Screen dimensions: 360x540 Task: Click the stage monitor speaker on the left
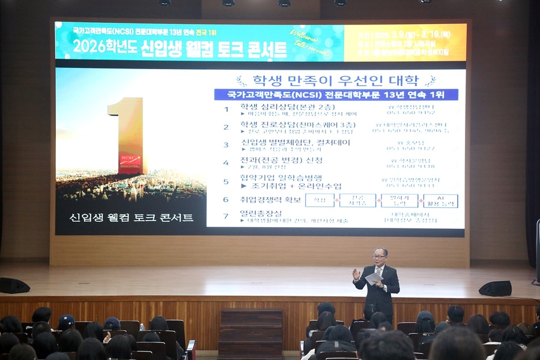click(14, 285)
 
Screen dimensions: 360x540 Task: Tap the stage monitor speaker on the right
click(496, 288)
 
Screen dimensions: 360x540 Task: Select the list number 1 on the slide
click(226, 109)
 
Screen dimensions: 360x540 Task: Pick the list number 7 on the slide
click(226, 216)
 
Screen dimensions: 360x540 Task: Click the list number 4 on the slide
click(226, 162)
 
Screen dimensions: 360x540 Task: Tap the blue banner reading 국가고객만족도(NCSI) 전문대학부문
click(336, 94)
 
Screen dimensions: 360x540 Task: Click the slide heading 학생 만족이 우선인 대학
click(336, 81)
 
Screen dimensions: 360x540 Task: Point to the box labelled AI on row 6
click(440, 200)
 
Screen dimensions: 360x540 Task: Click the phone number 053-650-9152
click(411, 112)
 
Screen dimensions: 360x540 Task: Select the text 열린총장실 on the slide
click(262, 213)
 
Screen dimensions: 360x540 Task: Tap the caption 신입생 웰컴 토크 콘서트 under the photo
click(132, 218)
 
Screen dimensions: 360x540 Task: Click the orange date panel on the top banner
click(405, 42)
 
